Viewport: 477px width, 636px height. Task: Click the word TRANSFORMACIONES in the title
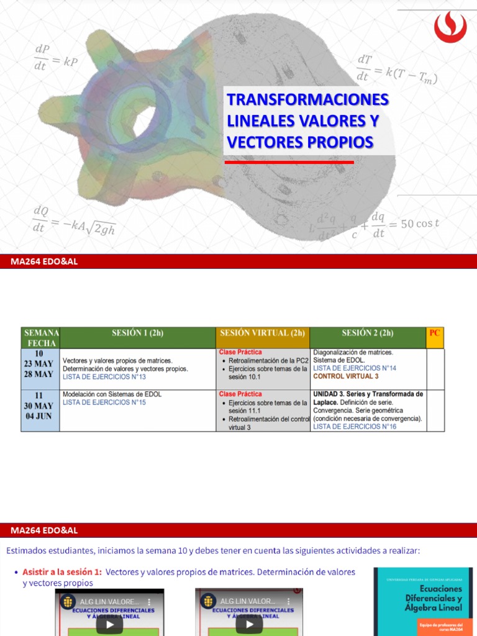pyautogui.click(x=308, y=99)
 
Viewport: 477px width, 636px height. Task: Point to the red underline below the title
pyautogui.click(x=289, y=162)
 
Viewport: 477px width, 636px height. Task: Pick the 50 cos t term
pyautogui.click(x=420, y=224)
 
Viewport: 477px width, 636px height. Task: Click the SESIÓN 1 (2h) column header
pyautogui.click(x=138, y=333)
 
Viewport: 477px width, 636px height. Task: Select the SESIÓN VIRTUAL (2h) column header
pyautogui.click(x=262, y=333)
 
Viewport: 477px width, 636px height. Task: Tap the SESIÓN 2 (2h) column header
pyautogui.click(x=368, y=333)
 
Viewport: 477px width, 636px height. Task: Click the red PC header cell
pyautogui.click(x=435, y=333)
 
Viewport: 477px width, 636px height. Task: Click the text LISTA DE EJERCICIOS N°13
pyautogui.click(x=104, y=377)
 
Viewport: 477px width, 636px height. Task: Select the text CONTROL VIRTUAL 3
pyautogui.click(x=346, y=376)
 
